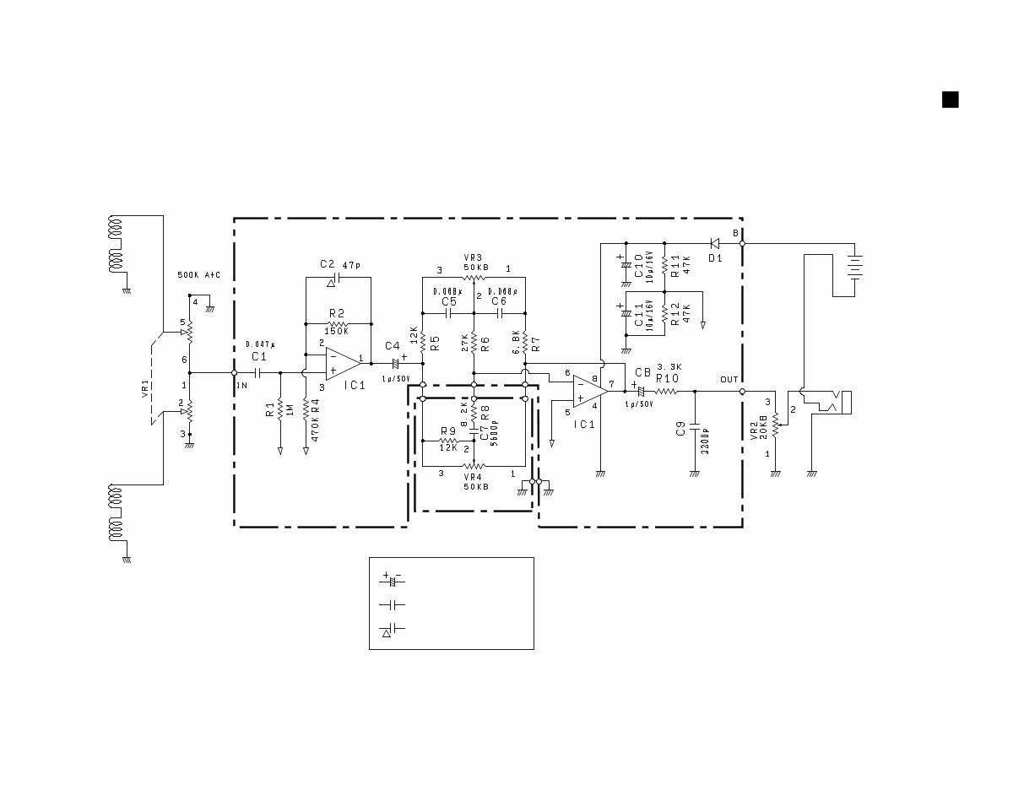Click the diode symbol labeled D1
[x=714, y=244]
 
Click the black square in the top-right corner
[x=950, y=100]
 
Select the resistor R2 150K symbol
[x=338, y=323]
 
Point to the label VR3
[x=474, y=257]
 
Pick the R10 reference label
[x=667, y=379]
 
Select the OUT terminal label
[x=729, y=380]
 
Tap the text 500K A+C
[x=198, y=275]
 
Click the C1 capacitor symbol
[x=257, y=371]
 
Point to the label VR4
[x=474, y=476]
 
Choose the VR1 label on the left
[x=144, y=389]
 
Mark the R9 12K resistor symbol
[x=448, y=441]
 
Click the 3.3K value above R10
[x=669, y=367]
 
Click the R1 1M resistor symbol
[x=279, y=409]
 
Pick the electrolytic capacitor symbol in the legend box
[x=392, y=580]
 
